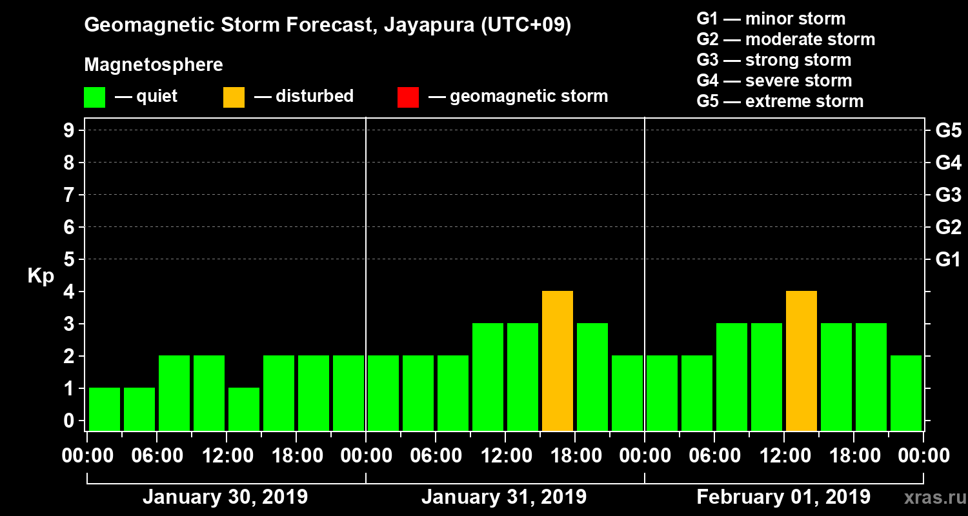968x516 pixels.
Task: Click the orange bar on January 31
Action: (558, 361)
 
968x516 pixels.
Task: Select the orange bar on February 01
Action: (802, 361)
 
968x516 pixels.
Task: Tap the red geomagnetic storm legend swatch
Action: (408, 97)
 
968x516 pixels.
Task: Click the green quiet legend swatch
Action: (94, 97)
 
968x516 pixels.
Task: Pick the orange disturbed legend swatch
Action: (234, 97)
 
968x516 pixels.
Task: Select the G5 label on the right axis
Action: (948, 131)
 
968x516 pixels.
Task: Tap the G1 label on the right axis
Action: (948, 260)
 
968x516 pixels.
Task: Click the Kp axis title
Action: (41, 276)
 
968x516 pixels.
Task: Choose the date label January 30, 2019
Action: (225, 497)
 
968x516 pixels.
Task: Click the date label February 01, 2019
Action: (783, 497)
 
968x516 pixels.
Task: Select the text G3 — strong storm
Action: (774, 60)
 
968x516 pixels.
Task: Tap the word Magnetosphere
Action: (154, 65)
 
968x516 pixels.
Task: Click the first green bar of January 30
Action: (105, 409)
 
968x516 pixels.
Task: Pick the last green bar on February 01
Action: (906, 393)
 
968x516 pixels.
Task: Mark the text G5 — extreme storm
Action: (780, 101)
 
